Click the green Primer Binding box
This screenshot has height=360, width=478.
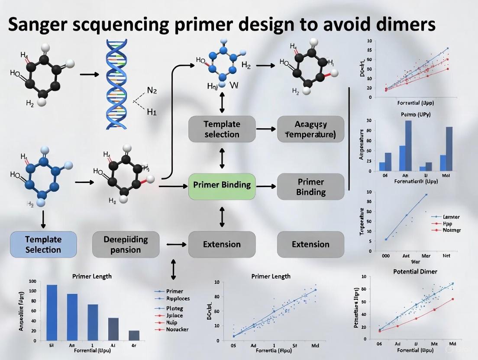point(222,185)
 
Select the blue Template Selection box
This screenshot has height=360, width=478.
point(43,244)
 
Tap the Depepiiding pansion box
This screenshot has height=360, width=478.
point(126,244)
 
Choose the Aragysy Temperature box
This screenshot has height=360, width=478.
point(310,129)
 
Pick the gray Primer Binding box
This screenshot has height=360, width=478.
point(310,186)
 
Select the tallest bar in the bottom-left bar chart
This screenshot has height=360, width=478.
point(52,312)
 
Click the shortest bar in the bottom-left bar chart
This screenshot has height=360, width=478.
point(134,335)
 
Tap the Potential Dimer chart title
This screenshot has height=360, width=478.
point(415,271)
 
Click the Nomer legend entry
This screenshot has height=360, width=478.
point(451,230)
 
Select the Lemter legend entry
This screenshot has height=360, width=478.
point(451,217)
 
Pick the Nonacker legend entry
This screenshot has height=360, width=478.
point(177,329)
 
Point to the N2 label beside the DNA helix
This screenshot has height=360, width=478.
point(152,90)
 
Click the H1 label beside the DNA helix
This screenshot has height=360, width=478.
point(152,112)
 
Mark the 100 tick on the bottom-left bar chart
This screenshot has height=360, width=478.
point(32,281)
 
